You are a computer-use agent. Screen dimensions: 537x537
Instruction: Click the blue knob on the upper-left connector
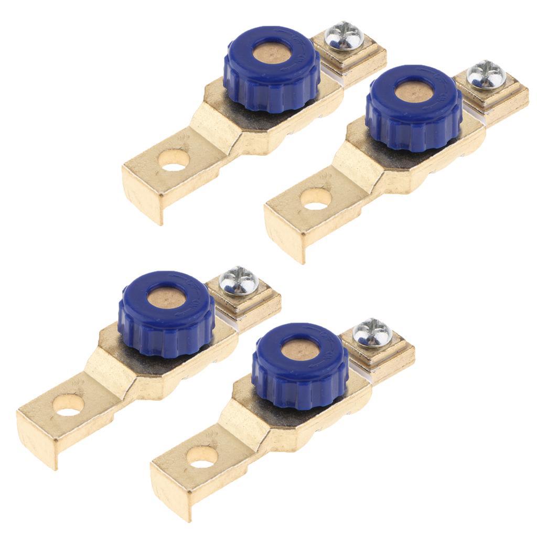point(271,79)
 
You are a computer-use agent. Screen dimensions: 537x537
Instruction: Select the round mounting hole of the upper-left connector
point(174,160)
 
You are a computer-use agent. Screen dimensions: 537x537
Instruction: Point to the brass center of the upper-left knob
point(271,53)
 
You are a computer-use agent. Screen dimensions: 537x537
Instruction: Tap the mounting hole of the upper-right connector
point(316,199)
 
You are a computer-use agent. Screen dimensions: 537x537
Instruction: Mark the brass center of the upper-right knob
point(414,92)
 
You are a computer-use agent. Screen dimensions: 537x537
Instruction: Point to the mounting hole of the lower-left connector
point(69,405)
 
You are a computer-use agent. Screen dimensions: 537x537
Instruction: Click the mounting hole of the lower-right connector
point(202,457)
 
